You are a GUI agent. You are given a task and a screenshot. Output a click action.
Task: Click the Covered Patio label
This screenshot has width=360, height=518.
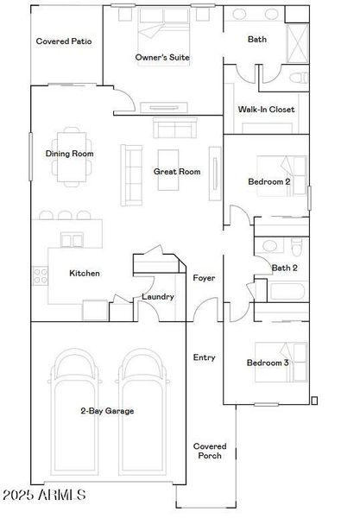click(x=64, y=41)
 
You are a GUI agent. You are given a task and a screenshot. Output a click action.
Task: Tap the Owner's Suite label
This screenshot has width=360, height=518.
click(x=162, y=58)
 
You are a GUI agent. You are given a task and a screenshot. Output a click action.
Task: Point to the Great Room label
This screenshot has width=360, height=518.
click(x=177, y=172)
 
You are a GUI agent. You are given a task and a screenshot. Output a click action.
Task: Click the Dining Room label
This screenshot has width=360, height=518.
click(x=69, y=154)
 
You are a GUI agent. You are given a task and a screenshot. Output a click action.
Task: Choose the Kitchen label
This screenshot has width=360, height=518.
click(x=85, y=274)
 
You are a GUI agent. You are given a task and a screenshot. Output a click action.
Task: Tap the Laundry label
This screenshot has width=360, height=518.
click(x=158, y=297)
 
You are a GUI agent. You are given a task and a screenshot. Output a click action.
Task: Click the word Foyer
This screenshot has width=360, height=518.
click(x=204, y=278)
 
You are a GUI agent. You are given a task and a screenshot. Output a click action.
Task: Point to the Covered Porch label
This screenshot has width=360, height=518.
click(x=210, y=451)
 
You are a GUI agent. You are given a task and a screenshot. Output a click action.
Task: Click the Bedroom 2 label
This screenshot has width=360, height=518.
click(x=268, y=182)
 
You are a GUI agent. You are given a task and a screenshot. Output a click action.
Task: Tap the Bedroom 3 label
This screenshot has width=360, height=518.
click(x=268, y=363)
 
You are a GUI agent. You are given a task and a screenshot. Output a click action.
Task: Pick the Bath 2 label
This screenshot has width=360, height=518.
click(x=284, y=268)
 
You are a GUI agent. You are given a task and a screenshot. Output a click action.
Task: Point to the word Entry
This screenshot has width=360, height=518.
click(x=205, y=357)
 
